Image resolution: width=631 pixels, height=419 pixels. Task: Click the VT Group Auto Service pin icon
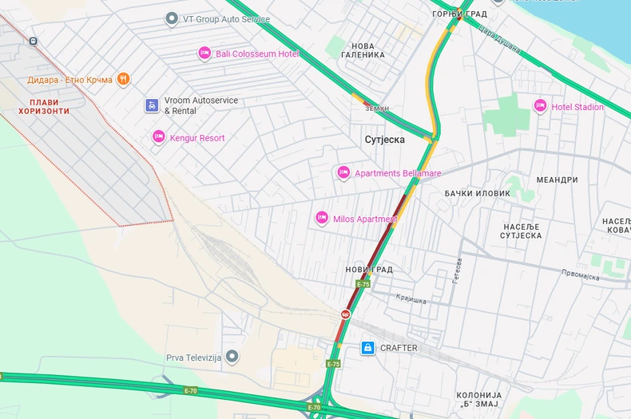click(x=171, y=18)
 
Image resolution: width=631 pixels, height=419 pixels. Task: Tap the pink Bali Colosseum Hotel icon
click(x=204, y=53)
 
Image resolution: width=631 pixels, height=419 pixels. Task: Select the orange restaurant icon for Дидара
click(x=123, y=79)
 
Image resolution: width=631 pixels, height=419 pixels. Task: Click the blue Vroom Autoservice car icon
click(x=152, y=105)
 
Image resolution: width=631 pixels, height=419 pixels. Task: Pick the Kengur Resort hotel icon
click(x=158, y=137)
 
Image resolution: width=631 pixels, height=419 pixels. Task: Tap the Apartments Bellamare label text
click(x=398, y=173)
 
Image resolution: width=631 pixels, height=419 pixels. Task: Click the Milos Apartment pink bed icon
click(x=322, y=218)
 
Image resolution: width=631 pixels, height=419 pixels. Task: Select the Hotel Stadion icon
click(x=540, y=106)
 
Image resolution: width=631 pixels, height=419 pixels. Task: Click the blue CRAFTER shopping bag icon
click(x=367, y=348)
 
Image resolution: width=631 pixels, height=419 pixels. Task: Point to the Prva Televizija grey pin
click(x=232, y=356)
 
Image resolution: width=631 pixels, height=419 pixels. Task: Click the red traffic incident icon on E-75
click(x=345, y=314)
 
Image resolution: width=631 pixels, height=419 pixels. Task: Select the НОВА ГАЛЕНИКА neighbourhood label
click(x=363, y=50)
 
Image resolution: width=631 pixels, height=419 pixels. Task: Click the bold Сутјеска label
click(x=384, y=140)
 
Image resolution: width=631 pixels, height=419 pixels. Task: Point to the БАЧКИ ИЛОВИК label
click(x=477, y=194)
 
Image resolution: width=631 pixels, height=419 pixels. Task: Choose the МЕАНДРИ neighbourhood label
click(x=557, y=180)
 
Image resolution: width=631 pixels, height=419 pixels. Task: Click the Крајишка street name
click(x=411, y=299)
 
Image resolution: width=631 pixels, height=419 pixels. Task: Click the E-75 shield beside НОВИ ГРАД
click(x=363, y=284)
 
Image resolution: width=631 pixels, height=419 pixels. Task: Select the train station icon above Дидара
click(x=33, y=41)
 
